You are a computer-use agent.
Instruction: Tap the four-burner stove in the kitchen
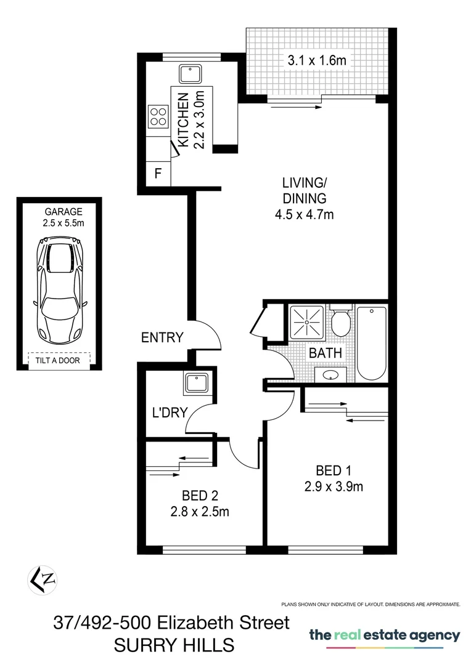click(x=158, y=116)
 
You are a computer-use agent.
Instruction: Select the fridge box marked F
click(x=158, y=174)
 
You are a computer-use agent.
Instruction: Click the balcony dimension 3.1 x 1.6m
click(x=316, y=60)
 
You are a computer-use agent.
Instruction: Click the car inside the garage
click(x=59, y=292)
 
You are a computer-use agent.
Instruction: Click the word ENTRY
click(x=162, y=337)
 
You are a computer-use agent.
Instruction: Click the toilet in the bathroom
click(x=340, y=320)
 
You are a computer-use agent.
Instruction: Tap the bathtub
click(x=371, y=343)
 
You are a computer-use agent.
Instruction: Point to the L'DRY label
click(x=169, y=413)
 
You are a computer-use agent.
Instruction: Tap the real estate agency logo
click(x=384, y=636)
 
